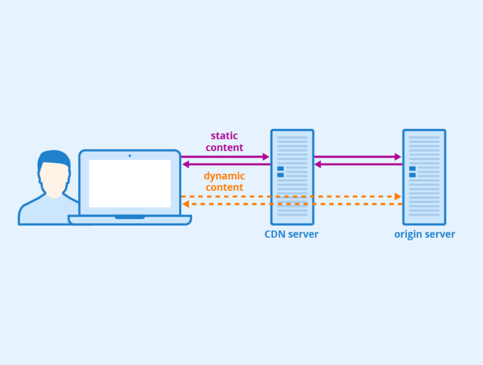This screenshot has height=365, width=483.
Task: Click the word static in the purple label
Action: pyautogui.click(x=224, y=136)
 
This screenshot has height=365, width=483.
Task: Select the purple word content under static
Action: pyautogui.click(x=224, y=148)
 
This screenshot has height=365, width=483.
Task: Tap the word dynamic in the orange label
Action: pyautogui.click(x=224, y=176)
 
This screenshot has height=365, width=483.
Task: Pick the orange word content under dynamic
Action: pyautogui.click(x=224, y=188)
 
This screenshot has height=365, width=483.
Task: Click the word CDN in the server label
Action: pyautogui.click(x=275, y=235)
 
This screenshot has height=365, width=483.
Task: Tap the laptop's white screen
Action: pyautogui.click(x=130, y=183)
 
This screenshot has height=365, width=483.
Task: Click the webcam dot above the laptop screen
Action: pyautogui.click(x=130, y=155)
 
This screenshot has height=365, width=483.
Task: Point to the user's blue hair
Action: pyautogui.click(x=53, y=157)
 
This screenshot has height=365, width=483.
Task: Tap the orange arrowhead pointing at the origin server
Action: pyautogui.click(x=397, y=197)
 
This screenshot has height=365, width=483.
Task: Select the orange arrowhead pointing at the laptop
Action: pyautogui.click(x=186, y=205)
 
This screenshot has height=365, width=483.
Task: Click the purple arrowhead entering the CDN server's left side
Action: pyautogui.click(x=266, y=157)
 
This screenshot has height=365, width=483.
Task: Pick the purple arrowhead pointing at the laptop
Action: pyautogui.click(x=186, y=164)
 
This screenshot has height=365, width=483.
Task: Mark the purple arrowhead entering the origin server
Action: pyautogui.click(x=397, y=157)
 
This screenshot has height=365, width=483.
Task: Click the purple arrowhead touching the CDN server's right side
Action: pyautogui.click(x=318, y=164)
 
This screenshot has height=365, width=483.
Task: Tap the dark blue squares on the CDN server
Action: pyautogui.click(x=280, y=172)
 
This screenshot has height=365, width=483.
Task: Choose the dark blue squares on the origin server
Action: pyautogui.click(x=413, y=172)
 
